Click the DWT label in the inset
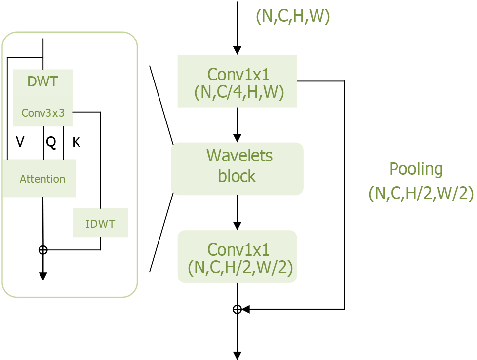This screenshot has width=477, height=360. (42, 81)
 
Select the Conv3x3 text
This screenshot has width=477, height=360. (43, 113)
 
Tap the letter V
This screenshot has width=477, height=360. (20, 142)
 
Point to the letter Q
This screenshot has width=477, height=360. (51, 142)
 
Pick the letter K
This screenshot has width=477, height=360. (76, 143)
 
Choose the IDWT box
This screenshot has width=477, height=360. (100, 223)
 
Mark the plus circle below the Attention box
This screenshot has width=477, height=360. (43, 250)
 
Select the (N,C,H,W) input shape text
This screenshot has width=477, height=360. (293, 17)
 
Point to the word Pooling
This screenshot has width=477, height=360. (416, 169)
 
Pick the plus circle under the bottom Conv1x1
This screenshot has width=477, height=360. (237, 309)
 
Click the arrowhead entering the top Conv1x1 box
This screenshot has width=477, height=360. (237, 50)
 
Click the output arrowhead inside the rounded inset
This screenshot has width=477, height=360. (43, 276)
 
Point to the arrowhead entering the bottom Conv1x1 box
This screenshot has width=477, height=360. (237, 226)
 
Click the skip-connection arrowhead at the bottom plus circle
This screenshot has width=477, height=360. (245, 309)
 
